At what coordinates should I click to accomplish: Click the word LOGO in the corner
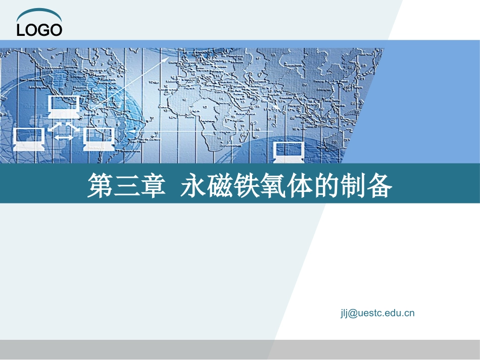(39, 30)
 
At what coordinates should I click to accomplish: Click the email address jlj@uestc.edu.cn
(377, 313)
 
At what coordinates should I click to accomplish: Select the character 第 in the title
(100, 186)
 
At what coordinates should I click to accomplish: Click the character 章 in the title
(153, 186)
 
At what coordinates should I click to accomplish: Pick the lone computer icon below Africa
(289, 151)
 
